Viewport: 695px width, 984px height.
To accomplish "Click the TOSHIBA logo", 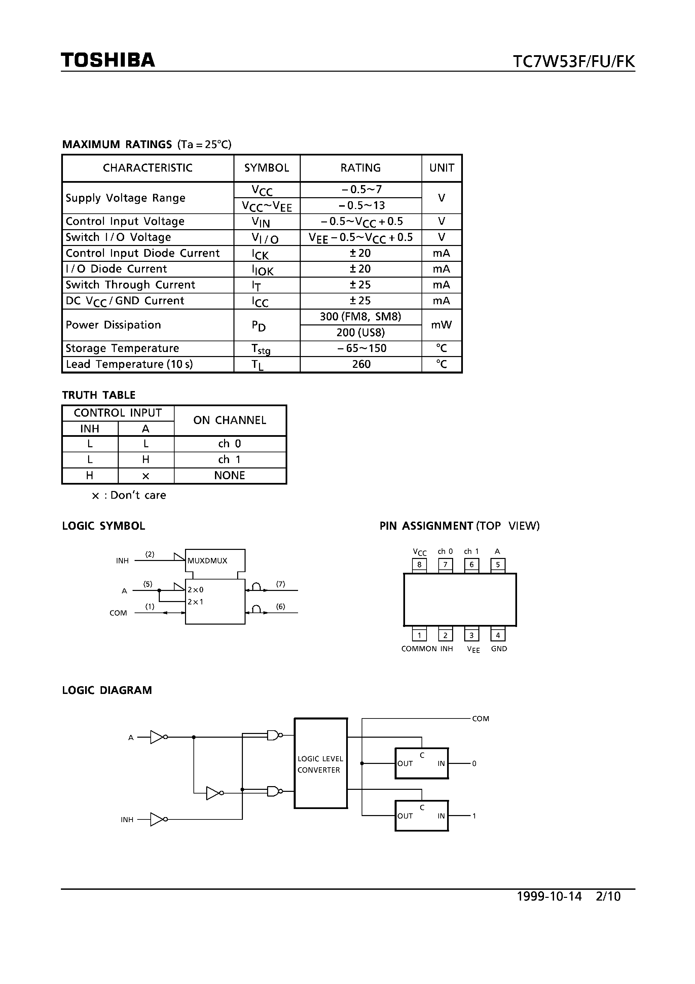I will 108,61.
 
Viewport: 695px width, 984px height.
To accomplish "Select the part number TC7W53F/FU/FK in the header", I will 574,62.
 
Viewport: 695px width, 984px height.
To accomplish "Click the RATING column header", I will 360,168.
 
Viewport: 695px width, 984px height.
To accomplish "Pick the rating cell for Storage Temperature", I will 360,348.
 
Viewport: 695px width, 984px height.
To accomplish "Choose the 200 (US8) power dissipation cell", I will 360,332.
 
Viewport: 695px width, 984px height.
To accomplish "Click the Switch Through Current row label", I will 130,285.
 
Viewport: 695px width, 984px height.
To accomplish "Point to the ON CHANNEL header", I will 230,420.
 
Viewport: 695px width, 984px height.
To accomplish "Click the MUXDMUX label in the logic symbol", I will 207,561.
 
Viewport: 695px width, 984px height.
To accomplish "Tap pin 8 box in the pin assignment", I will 419,565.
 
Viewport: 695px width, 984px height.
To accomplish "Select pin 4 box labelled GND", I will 498,635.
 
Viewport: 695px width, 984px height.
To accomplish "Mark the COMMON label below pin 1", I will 418,649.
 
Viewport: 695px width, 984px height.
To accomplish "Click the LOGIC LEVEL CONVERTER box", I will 321,763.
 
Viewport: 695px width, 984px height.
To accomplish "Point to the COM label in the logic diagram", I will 480,719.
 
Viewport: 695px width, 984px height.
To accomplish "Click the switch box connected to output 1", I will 421,816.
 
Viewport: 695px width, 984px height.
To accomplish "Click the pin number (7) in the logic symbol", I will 281,584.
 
